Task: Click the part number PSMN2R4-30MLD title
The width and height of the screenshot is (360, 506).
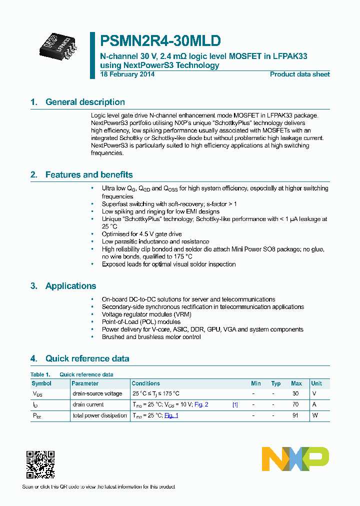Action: pos(160,41)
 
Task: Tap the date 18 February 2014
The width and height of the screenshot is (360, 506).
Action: pos(127,74)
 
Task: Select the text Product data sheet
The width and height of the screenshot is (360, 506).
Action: pos(299,74)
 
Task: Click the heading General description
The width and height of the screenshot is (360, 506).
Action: pos(85,102)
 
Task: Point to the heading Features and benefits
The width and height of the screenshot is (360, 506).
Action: pos(89,175)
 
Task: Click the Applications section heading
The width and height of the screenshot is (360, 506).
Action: pos(70,286)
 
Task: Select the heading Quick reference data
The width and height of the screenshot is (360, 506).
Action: pos(87,358)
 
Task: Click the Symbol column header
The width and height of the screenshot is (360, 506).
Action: pos(41,383)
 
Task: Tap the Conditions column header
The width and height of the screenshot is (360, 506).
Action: pos(146,383)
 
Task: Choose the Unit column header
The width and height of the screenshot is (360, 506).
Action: pos(316,383)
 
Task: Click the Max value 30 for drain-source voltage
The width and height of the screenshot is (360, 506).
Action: pos(295,394)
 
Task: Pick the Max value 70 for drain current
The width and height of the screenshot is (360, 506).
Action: pos(295,405)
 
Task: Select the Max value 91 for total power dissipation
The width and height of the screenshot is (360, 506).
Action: pos(295,415)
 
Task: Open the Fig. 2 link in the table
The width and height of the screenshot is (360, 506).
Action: pos(201,405)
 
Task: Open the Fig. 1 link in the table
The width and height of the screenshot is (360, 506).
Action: pos(171,415)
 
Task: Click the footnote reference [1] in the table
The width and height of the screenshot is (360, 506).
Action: pos(235,405)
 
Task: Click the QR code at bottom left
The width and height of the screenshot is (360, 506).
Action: pos(40,465)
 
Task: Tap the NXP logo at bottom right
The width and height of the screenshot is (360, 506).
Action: pos(295,459)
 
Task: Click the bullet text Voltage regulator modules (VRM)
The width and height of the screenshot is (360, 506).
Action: pos(146,314)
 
